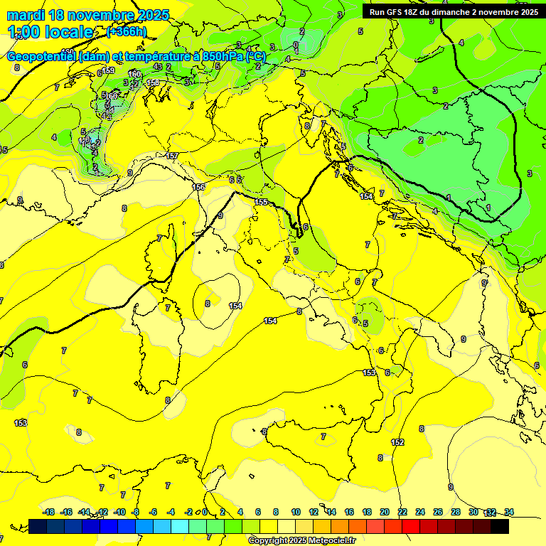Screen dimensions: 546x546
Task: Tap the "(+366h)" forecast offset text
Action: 127,31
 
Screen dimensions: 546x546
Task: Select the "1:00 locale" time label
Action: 50,32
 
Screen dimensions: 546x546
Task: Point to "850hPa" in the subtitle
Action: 222,57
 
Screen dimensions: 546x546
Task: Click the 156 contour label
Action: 199,187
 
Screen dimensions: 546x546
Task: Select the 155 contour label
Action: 262,203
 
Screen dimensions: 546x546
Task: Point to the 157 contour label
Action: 171,156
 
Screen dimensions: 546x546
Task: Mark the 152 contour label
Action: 397,442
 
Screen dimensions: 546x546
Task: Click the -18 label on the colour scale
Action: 48,512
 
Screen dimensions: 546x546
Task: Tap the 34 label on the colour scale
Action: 509,512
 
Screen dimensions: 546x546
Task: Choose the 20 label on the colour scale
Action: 385,512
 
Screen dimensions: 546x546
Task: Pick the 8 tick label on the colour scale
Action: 275,512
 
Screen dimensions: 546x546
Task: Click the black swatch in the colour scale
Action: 500,526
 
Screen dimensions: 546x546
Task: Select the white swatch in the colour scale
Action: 287,526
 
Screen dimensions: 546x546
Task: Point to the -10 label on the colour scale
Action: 119,512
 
